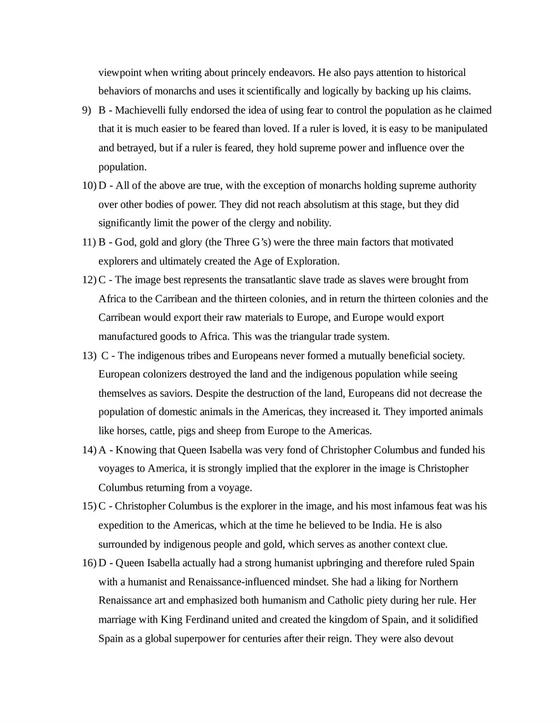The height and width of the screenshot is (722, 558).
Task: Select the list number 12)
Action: (x=89, y=280)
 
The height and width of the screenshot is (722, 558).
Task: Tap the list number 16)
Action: (x=89, y=563)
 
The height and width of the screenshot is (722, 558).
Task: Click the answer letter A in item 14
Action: (x=102, y=450)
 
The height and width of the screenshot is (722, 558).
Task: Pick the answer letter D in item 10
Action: (x=102, y=186)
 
